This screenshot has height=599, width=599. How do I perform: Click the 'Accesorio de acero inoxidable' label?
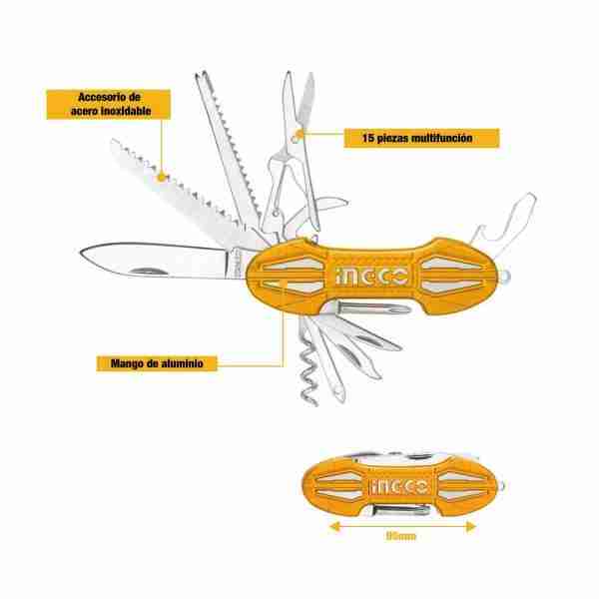[109, 104]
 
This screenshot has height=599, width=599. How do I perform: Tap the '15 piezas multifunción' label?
[421, 138]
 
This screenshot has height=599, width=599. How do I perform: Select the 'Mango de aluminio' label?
[157, 363]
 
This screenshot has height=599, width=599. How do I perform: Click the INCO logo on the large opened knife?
[371, 276]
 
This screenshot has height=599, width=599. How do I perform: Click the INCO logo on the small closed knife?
[398, 487]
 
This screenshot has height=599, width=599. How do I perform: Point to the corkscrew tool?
[307, 366]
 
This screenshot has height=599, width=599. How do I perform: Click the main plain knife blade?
[161, 260]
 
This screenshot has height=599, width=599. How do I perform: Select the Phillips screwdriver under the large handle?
[368, 307]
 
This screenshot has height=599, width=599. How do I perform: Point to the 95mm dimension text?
[400, 536]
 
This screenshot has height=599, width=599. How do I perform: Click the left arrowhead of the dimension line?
[334, 527]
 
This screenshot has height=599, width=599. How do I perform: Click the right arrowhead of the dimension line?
[470, 527]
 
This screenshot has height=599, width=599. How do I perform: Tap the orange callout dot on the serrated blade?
[162, 177]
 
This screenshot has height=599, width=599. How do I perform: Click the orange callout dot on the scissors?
[299, 135]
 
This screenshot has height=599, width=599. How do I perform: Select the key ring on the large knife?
[504, 277]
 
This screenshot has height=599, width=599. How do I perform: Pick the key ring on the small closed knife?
[501, 486]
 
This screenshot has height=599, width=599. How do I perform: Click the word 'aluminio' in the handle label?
[182, 363]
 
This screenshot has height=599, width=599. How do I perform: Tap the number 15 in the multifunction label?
[367, 138]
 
